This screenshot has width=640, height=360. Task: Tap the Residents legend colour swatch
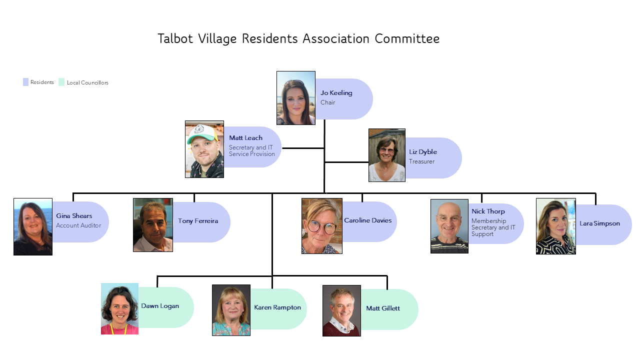[x=25, y=82]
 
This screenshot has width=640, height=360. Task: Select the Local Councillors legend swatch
[x=61, y=82]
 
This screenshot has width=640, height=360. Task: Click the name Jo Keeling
[x=336, y=93]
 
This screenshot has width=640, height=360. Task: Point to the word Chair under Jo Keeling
[x=327, y=102]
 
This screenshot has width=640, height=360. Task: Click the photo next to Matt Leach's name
[x=204, y=149]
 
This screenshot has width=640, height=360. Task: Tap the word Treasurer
[x=421, y=161]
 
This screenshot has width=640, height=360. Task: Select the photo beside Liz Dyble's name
[x=386, y=155]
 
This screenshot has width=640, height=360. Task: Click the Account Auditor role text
[x=78, y=225]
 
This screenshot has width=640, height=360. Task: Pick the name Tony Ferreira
[x=198, y=221]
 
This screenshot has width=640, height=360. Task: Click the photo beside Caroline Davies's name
[x=321, y=226]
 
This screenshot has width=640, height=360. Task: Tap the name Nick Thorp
[x=488, y=211]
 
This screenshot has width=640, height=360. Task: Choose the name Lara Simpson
[x=599, y=223]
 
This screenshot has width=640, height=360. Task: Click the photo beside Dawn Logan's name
[x=119, y=308]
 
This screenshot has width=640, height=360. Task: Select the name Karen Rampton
[x=277, y=307]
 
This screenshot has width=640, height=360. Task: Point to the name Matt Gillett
[x=383, y=308]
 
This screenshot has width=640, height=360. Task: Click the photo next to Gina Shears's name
[x=33, y=226]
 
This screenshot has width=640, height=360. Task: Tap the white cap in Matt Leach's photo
[x=204, y=133]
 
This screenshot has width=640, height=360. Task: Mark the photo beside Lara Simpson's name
[x=555, y=226]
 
